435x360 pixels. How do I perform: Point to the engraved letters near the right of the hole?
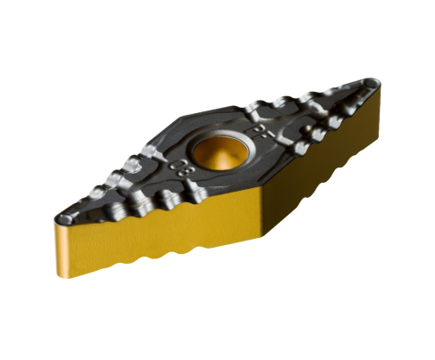(x=261, y=133)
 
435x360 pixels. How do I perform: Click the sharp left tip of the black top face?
(x=60, y=217)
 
